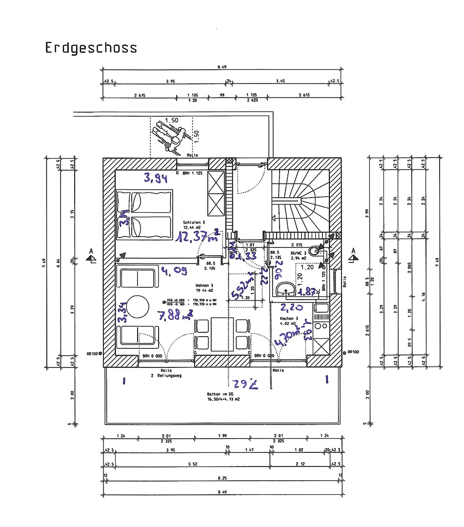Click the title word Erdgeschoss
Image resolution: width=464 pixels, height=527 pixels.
point(91,48)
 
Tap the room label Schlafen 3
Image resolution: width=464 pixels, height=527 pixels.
point(194,222)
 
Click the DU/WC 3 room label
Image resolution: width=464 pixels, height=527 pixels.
point(299,252)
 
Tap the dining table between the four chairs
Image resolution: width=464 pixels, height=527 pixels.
point(222,334)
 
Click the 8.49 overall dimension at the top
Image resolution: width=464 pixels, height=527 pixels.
point(224,68)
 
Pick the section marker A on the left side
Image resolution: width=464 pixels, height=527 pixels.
point(91,253)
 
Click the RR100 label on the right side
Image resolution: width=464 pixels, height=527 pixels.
point(354,351)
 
